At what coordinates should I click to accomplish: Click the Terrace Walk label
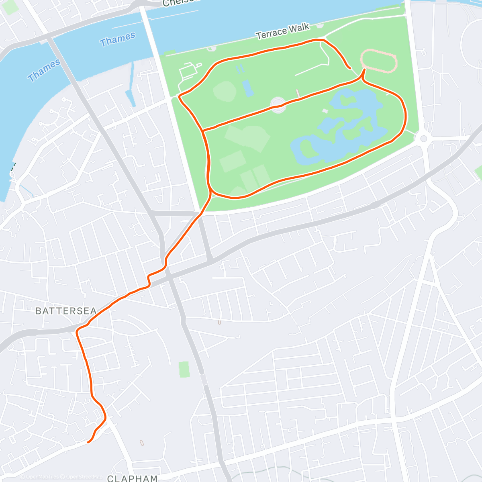283,31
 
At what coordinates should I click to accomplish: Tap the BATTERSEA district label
66,311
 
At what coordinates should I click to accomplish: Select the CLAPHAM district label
133,478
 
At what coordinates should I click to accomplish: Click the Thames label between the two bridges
117,39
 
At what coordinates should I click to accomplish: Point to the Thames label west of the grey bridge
44,70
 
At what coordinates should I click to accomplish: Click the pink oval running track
379,61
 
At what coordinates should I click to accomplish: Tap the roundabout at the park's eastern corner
423,139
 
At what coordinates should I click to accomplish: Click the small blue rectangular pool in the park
247,88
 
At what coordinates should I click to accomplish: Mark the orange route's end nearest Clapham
88,442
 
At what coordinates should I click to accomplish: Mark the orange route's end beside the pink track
350,68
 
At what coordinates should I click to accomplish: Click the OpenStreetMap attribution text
83,477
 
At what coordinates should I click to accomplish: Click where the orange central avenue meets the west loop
204,131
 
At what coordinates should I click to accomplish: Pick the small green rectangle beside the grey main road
184,369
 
